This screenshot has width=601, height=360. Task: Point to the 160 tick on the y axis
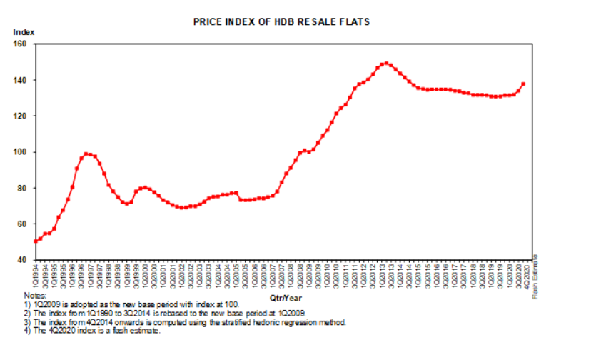(19, 44)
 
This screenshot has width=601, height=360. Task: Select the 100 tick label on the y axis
(19, 152)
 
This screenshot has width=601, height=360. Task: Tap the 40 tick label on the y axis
(21, 260)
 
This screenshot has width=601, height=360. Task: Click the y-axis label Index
(24, 32)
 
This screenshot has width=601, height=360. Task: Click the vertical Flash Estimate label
(535, 276)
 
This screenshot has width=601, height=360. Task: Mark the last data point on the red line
(523, 84)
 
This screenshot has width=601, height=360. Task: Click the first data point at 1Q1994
(36, 241)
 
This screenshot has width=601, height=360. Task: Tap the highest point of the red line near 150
(386, 64)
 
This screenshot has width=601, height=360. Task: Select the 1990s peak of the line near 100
(86, 154)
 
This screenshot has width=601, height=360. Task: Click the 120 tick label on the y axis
(19, 116)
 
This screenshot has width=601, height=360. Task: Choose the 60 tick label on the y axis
(21, 224)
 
